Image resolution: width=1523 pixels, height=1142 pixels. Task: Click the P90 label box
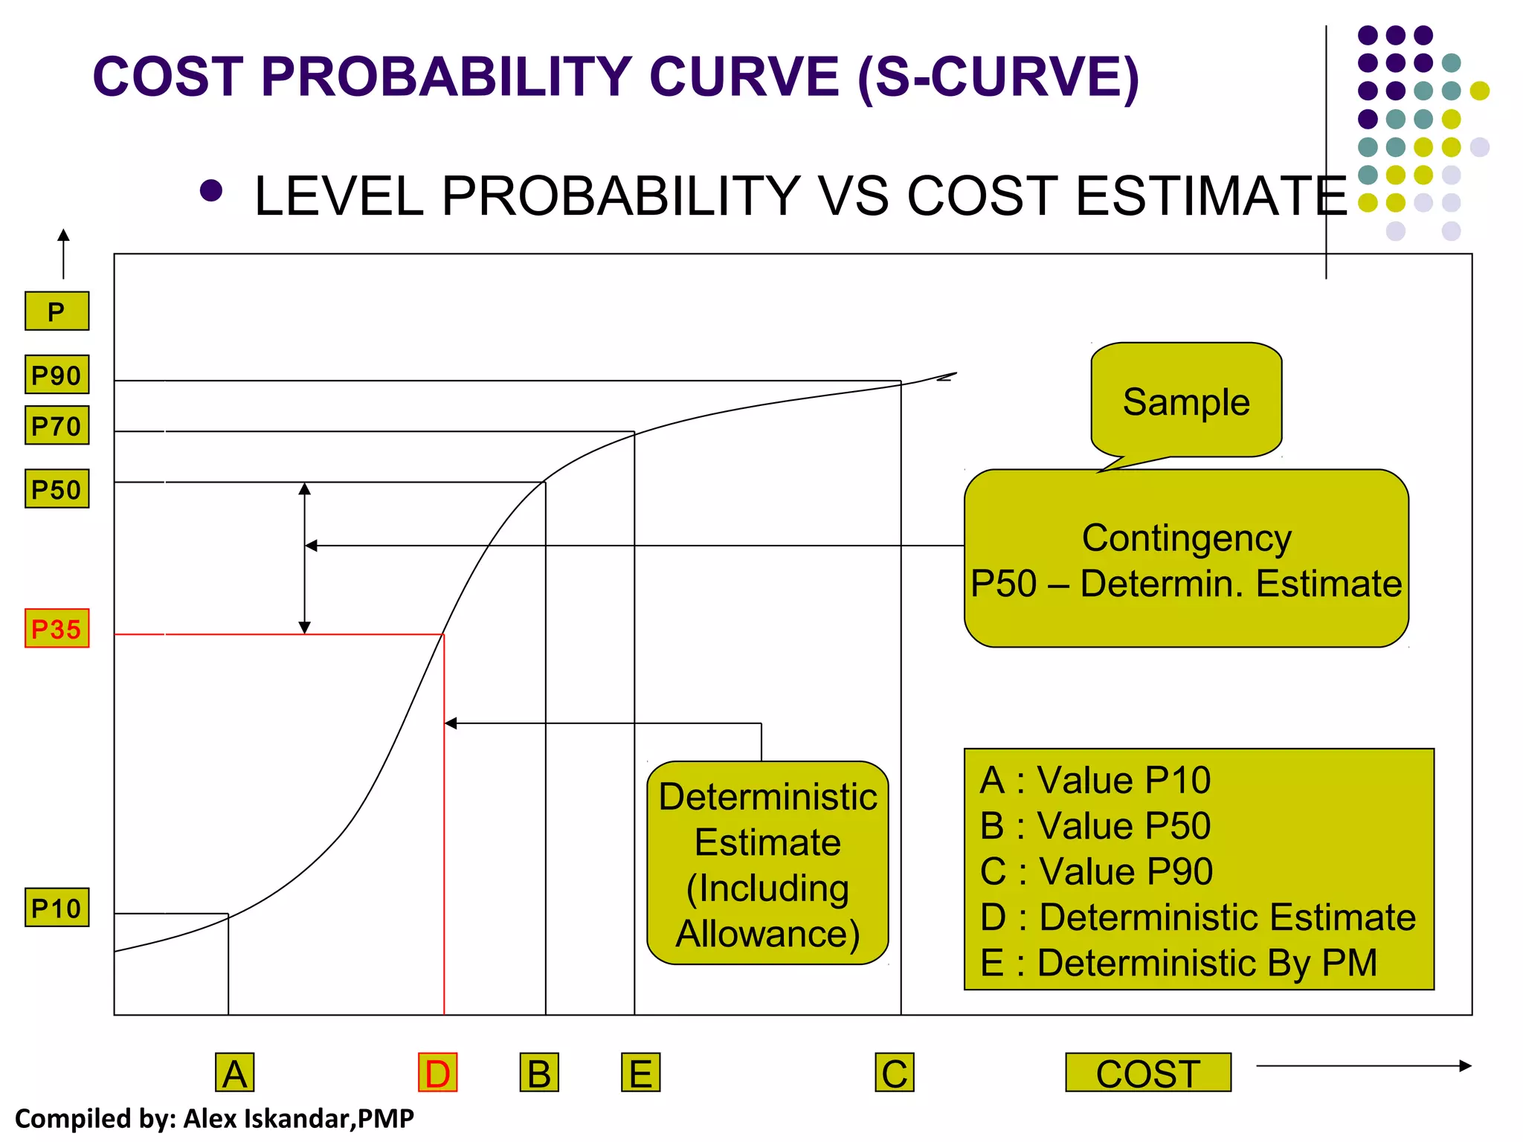(57, 375)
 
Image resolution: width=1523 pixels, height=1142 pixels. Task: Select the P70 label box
(57, 425)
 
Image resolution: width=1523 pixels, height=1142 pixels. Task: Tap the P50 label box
(57, 489)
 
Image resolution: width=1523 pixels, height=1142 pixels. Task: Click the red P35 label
(57, 628)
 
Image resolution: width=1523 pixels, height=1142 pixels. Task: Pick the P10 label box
(57, 908)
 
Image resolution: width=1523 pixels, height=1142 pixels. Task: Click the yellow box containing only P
(57, 311)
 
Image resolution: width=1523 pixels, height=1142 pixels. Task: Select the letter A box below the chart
(235, 1073)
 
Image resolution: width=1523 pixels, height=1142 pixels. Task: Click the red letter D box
(437, 1073)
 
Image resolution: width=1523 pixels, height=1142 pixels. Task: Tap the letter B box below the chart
(539, 1073)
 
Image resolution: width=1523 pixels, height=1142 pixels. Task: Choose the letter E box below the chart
(640, 1073)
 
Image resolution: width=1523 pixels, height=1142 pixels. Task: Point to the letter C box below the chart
(894, 1073)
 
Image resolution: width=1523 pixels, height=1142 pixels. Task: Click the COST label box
(1147, 1073)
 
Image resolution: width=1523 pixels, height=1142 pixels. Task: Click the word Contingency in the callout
(1186, 538)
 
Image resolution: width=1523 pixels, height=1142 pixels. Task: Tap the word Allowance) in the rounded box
(767, 934)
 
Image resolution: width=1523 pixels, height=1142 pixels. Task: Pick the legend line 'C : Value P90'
(1096, 871)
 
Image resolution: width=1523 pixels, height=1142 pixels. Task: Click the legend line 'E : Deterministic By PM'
(1179, 963)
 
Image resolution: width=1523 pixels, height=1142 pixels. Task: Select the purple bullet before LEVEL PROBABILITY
(211, 191)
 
